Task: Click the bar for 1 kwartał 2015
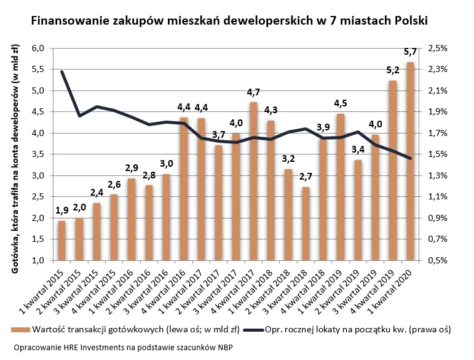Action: (x=61, y=240)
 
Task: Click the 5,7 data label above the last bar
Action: (x=410, y=52)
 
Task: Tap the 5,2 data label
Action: (x=392, y=70)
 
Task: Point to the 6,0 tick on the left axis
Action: (x=39, y=48)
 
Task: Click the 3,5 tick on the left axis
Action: (x=39, y=154)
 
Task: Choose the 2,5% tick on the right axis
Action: (x=437, y=48)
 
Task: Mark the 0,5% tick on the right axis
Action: (x=437, y=260)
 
